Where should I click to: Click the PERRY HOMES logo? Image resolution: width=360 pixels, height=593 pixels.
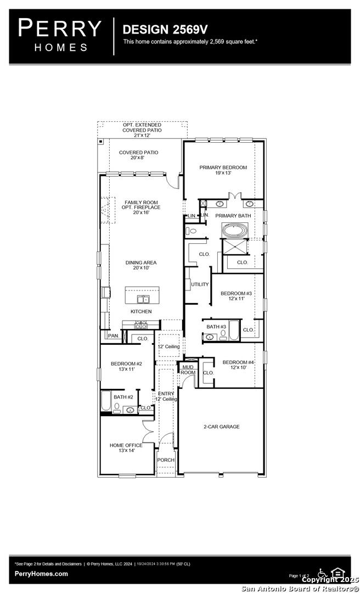pyautogui.click(x=60, y=34)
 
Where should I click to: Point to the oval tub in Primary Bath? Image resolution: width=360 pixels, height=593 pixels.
pyautogui.click(x=234, y=230)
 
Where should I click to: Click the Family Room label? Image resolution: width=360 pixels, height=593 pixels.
pyautogui.click(x=141, y=207)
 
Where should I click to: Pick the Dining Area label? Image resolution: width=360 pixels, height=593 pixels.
pyautogui.click(x=141, y=266)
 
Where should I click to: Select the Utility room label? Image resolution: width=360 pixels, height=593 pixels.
pyautogui.click(x=200, y=284)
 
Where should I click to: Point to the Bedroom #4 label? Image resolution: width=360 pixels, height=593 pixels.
pyautogui.click(x=238, y=365)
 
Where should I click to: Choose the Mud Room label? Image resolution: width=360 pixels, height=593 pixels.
pyautogui.click(x=188, y=370)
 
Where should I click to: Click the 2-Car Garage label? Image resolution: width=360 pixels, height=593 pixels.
pyautogui.click(x=221, y=427)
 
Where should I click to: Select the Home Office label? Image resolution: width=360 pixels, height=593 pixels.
pyautogui.click(x=126, y=448)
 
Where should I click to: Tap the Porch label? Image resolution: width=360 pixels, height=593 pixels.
pyautogui.click(x=166, y=460)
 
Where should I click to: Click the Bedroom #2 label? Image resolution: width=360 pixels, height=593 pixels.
pyautogui.click(x=126, y=366)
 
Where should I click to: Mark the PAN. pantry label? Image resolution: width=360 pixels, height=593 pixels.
pyautogui.click(x=114, y=335)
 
